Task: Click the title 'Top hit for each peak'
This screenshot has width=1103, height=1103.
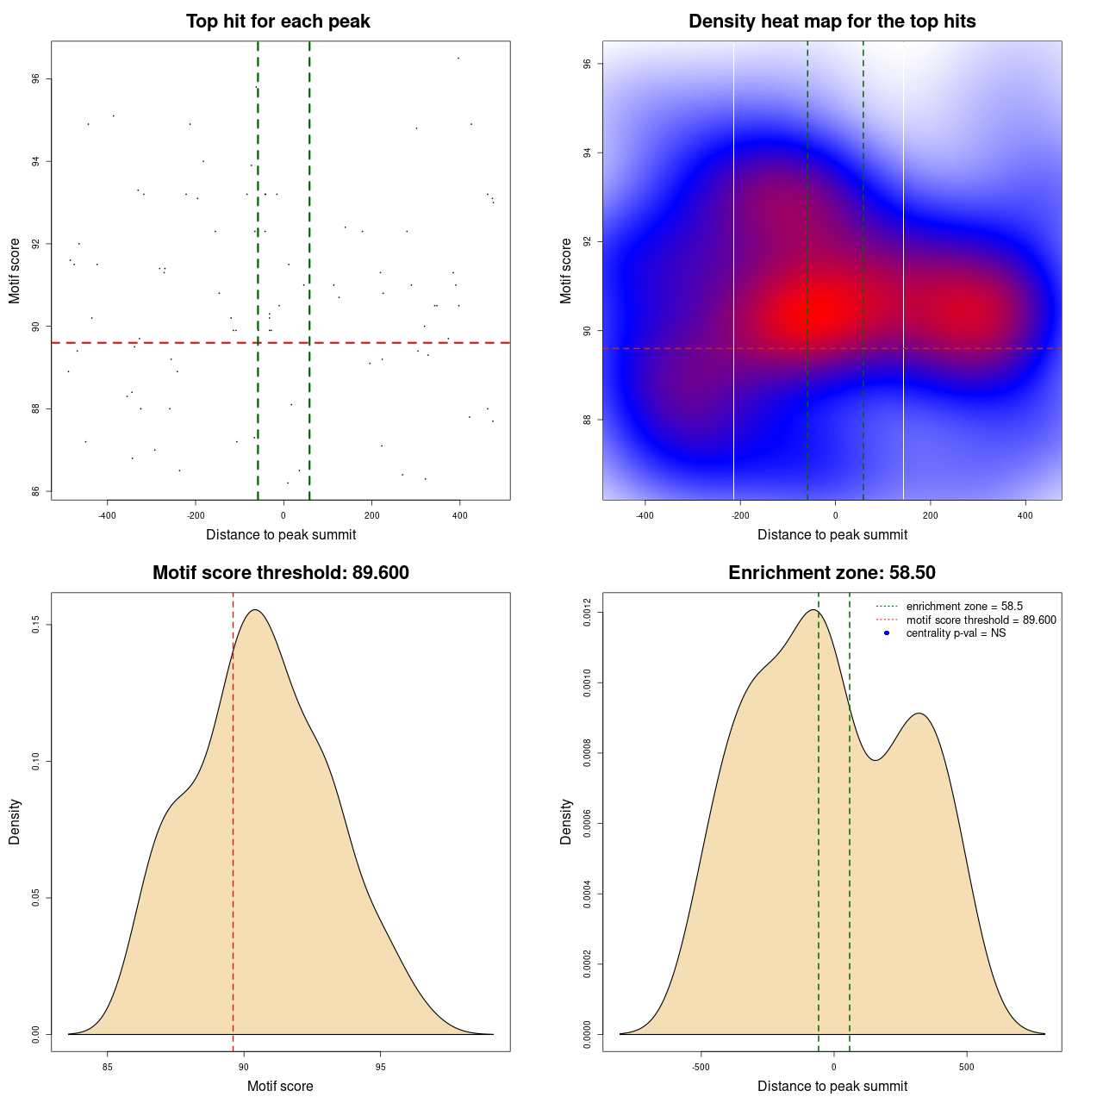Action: click(x=277, y=22)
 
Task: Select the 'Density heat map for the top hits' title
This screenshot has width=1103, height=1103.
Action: click(x=832, y=22)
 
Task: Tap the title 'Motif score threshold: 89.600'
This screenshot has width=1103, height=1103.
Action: click(x=280, y=573)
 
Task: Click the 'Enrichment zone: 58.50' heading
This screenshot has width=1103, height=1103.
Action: click(x=832, y=573)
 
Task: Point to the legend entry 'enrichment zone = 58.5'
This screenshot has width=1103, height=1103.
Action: click(x=964, y=607)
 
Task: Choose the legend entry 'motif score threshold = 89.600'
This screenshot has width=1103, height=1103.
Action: click(x=981, y=620)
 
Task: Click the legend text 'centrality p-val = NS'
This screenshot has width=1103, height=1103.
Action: click(x=956, y=633)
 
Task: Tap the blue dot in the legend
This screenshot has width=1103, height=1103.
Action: click(x=887, y=633)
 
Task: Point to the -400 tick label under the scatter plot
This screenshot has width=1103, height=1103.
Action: click(x=107, y=516)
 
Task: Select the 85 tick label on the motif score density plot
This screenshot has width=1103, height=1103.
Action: click(x=108, y=1068)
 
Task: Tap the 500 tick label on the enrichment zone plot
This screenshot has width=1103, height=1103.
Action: click(x=966, y=1068)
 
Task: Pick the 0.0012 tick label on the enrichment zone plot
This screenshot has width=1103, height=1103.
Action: click(x=588, y=613)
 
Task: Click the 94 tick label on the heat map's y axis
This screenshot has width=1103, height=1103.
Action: click(x=588, y=153)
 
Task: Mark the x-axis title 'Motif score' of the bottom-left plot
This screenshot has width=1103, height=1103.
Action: click(x=280, y=1087)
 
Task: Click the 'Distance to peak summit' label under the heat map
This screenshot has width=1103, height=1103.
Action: click(x=832, y=535)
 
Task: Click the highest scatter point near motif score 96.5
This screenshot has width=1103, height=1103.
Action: click(x=458, y=58)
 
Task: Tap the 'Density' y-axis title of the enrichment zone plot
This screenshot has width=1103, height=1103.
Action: click(x=566, y=821)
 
